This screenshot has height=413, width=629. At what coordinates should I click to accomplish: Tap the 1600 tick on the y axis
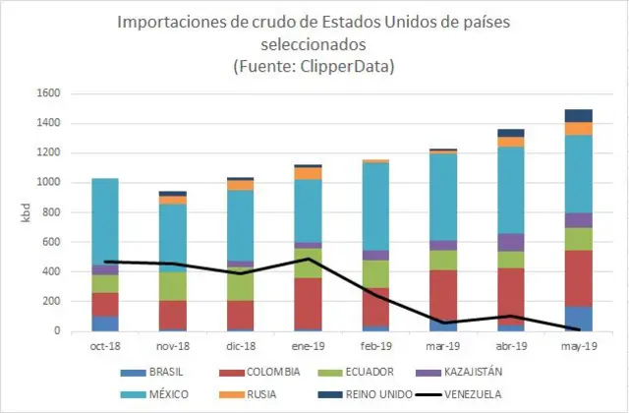(x=48, y=93)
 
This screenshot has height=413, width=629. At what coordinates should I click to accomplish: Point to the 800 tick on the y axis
(x=51, y=212)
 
